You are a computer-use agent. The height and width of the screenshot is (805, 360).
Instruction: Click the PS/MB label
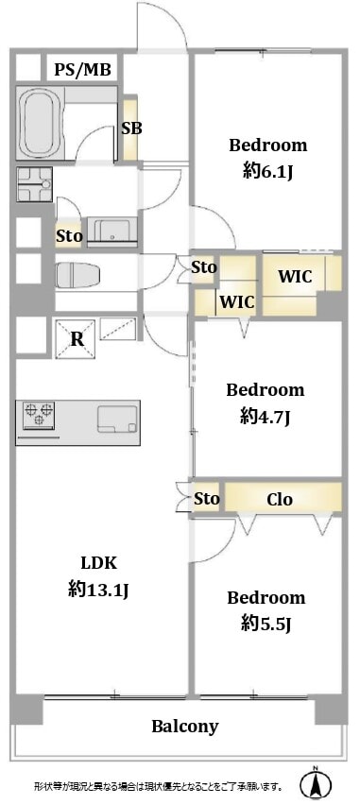(83, 69)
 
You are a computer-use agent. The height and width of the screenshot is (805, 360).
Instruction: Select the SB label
(131, 128)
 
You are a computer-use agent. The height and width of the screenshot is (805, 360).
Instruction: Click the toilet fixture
(77, 276)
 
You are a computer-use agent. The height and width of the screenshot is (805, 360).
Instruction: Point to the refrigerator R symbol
(77, 339)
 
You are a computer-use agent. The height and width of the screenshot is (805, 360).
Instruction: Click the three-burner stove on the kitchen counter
(39, 414)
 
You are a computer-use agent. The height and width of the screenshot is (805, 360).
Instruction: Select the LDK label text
(99, 563)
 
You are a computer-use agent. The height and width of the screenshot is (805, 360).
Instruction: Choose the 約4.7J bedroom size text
(266, 418)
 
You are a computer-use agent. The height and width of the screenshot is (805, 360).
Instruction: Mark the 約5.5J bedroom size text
(266, 624)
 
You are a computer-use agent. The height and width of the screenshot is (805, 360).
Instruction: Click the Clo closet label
(280, 499)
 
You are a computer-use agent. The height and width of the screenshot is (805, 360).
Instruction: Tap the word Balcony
(185, 727)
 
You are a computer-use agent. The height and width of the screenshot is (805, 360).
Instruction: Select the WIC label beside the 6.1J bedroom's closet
(295, 276)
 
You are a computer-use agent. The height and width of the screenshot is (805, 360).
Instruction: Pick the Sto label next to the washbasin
(69, 236)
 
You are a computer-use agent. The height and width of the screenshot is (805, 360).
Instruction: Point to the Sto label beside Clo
(207, 499)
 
